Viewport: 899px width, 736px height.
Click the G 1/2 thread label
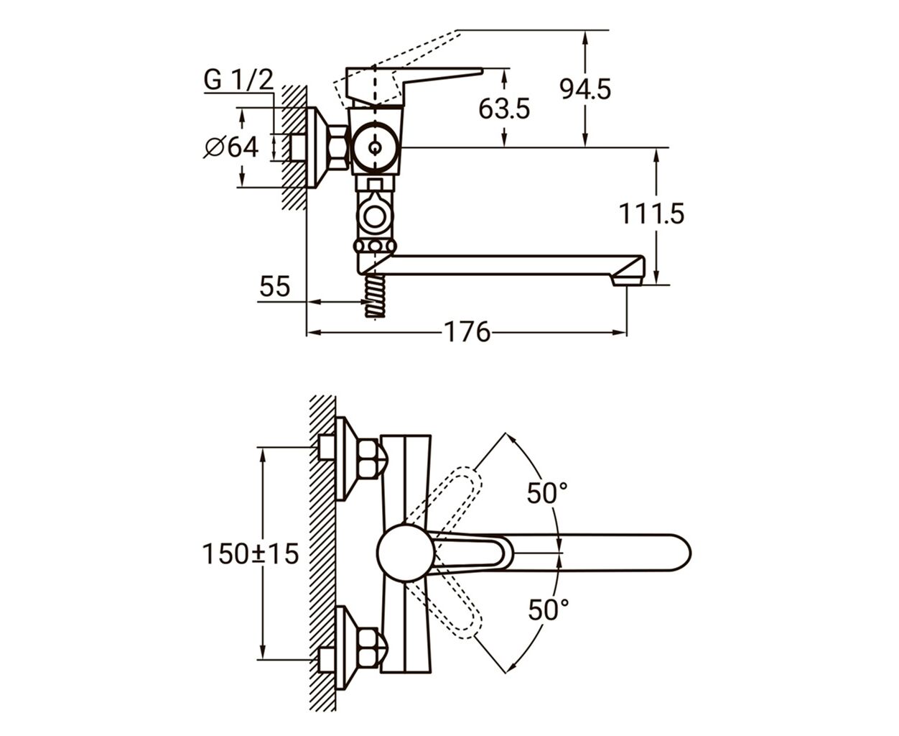(x=238, y=80)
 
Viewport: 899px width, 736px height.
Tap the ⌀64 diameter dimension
(x=231, y=147)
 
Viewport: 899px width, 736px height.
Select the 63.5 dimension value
(x=504, y=109)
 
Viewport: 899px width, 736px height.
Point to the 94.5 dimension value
(x=585, y=89)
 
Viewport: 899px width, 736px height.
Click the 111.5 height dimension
(x=651, y=213)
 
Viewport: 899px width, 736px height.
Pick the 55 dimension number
(x=274, y=286)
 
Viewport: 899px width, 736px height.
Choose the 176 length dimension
(x=467, y=332)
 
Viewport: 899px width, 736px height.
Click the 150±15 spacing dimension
(x=250, y=554)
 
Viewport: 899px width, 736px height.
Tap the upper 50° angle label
(x=547, y=493)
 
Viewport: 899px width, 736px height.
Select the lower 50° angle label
(x=549, y=609)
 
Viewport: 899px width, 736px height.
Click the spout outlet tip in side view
(x=627, y=280)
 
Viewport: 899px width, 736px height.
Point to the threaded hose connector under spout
(x=375, y=295)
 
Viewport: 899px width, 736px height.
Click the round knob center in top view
(x=406, y=553)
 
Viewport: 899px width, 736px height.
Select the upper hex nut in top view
(x=368, y=459)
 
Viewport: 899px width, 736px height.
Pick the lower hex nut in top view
(x=368, y=648)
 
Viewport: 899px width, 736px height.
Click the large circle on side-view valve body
(x=375, y=147)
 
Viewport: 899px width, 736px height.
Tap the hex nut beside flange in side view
(x=339, y=147)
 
